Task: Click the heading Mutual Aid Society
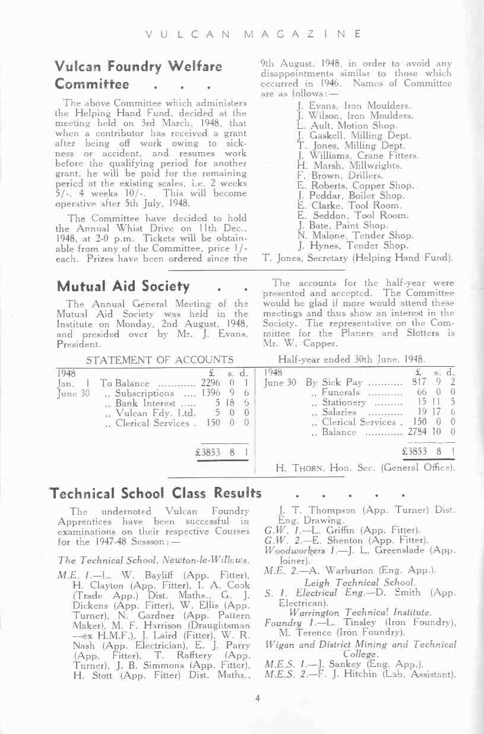tap(122, 286)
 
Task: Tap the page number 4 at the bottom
tap(258, 698)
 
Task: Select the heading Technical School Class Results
tap(156, 493)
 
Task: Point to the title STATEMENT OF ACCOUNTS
tap(160, 360)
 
